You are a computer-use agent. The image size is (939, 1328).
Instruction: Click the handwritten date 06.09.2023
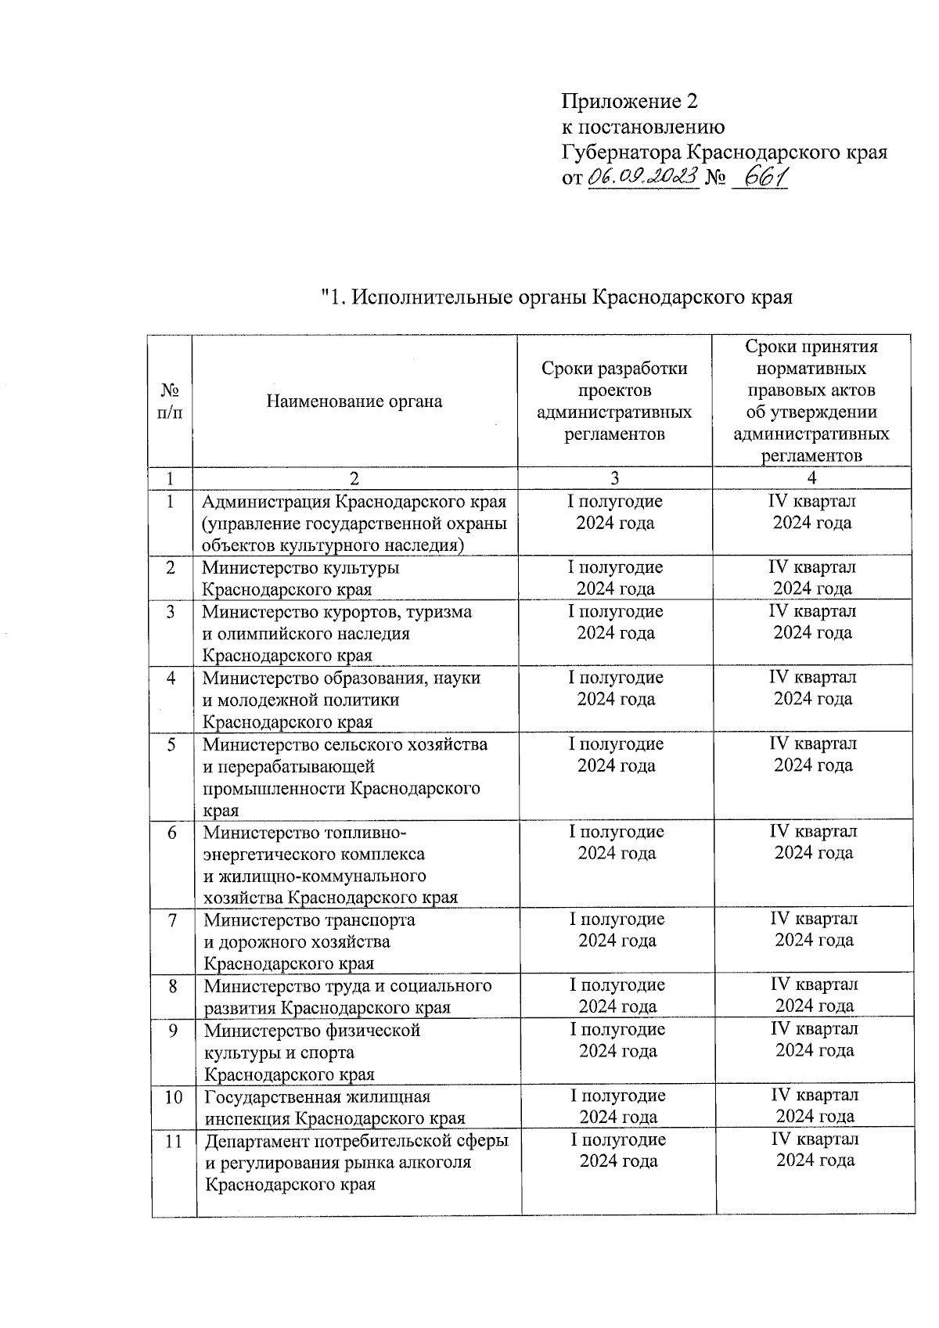click(x=642, y=178)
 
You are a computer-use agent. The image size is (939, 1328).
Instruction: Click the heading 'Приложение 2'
click(x=629, y=101)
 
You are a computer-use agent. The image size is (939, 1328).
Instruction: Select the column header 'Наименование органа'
click(x=354, y=401)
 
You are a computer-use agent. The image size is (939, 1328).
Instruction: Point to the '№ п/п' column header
click(x=170, y=401)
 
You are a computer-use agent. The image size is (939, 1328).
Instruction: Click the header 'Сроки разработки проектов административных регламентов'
click(x=614, y=401)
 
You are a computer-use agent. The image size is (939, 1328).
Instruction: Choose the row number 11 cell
click(x=174, y=1142)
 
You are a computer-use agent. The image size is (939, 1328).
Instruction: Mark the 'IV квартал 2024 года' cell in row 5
click(x=813, y=754)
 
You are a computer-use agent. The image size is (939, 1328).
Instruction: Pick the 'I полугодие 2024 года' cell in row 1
click(x=615, y=512)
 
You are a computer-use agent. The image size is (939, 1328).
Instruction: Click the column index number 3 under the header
click(x=614, y=478)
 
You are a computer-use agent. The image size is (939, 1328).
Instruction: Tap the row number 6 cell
click(x=171, y=833)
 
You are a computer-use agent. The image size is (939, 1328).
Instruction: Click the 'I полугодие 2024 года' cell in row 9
click(x=617, y=1040)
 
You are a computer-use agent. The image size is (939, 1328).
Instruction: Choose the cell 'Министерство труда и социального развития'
click(x=347, y=996)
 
